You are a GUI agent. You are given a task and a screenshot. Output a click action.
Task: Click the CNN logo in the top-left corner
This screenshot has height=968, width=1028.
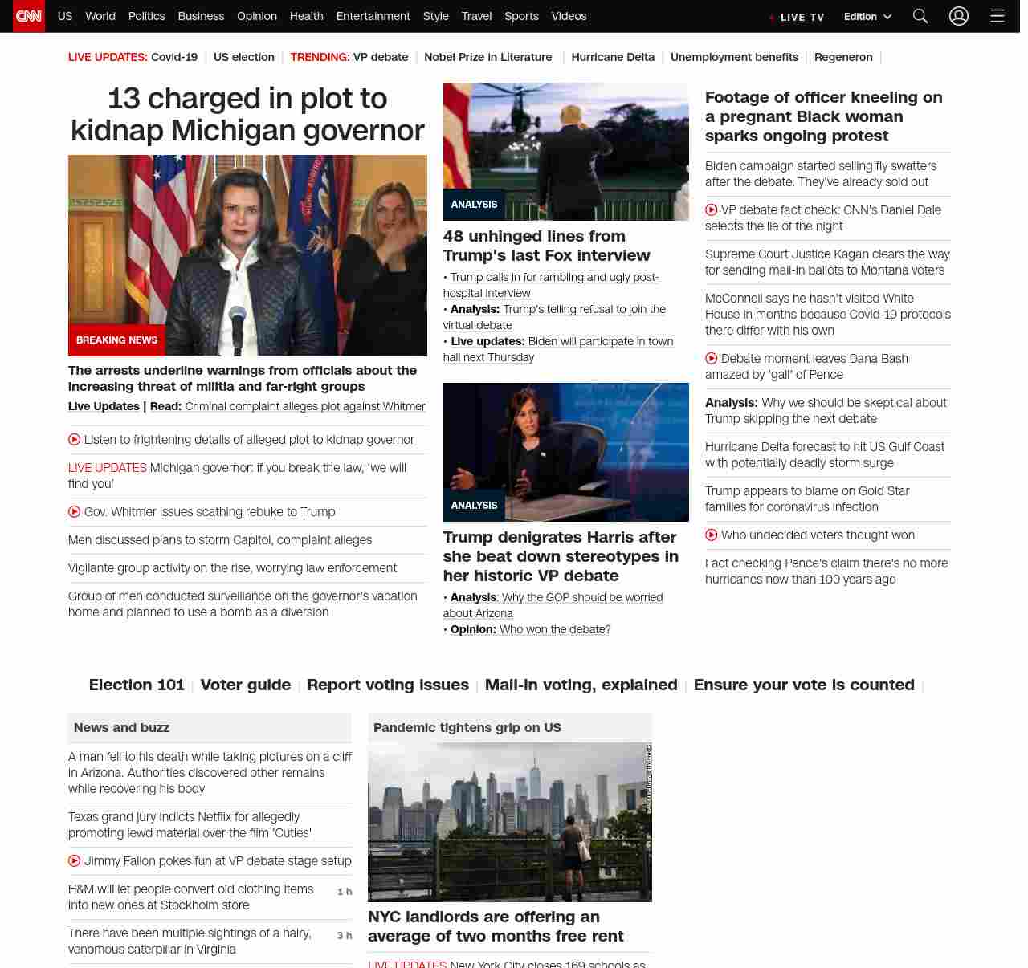pos(29,16)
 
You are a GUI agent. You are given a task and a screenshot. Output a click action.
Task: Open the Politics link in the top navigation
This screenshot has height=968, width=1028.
pos(146,16)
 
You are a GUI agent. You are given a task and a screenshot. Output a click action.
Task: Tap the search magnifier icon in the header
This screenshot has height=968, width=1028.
pos(920,16)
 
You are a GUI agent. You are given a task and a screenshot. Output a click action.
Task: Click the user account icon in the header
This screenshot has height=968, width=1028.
pos(959,16)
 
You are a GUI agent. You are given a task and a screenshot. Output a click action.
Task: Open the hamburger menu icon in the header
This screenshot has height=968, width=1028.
pos(997,16)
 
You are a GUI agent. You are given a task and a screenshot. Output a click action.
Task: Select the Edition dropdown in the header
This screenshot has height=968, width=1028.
pos(867,17)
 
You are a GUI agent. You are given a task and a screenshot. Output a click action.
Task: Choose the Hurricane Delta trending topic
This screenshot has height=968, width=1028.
pos(613,57)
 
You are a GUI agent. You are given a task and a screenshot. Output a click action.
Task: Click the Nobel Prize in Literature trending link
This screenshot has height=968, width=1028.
pos(487,57)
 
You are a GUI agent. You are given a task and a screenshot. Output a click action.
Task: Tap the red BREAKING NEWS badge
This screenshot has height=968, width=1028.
pos(116,340)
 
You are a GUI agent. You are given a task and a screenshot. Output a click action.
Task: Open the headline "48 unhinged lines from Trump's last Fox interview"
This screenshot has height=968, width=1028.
pos(546,246)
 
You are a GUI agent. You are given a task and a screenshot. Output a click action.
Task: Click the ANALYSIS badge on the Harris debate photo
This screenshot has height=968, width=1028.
pos(474,506)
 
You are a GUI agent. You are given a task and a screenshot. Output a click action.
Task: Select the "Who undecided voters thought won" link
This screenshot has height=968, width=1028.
pos(818,535)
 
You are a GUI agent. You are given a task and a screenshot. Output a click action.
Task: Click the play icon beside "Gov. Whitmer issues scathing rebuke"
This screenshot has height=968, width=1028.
pos(75,511)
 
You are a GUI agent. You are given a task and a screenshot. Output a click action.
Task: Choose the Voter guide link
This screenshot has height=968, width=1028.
pos(245,685)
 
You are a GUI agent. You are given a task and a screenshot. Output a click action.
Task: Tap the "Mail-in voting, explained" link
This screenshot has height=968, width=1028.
pos(581,685)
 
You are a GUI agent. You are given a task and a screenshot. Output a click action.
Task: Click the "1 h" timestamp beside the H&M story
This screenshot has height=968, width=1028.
pos(345,892)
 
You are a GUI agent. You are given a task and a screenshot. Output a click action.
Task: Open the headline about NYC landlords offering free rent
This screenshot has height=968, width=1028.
pos(495,926)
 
